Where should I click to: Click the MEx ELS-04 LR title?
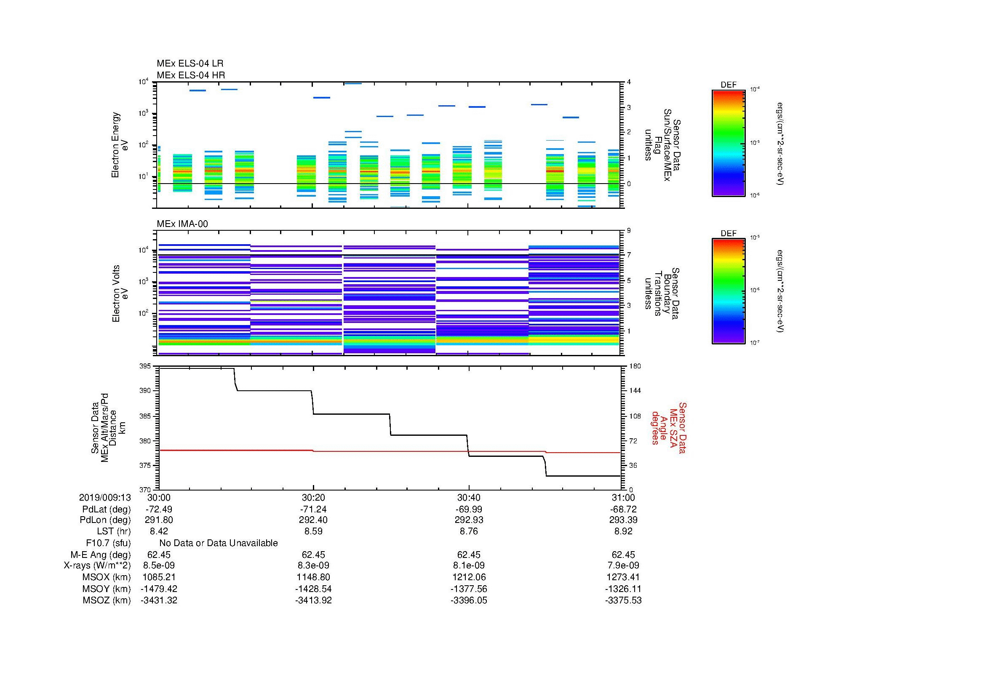190,64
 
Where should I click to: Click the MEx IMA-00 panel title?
182,224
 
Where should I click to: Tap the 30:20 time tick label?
313,497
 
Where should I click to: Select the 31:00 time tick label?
623,497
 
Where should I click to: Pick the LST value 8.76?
468,531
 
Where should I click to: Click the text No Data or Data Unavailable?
219,543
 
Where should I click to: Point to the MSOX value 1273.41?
623,577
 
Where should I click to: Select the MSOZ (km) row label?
107,600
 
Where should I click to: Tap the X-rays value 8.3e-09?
313,565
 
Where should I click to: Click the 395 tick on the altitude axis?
145,366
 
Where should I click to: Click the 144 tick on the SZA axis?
635,391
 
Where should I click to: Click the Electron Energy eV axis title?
120,145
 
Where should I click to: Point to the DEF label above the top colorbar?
728,85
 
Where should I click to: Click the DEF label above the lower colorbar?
728,233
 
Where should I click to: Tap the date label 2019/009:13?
105,497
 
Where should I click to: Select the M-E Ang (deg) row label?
100,555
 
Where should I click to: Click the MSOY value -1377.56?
468,589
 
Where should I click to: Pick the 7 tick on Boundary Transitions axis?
629,255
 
